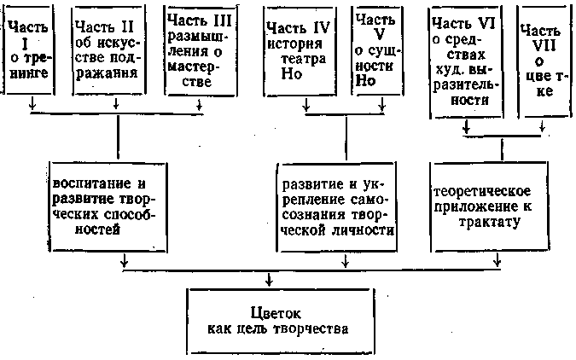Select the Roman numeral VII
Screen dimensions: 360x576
click(544, 41)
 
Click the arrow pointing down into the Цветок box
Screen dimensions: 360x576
click(270, 280)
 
